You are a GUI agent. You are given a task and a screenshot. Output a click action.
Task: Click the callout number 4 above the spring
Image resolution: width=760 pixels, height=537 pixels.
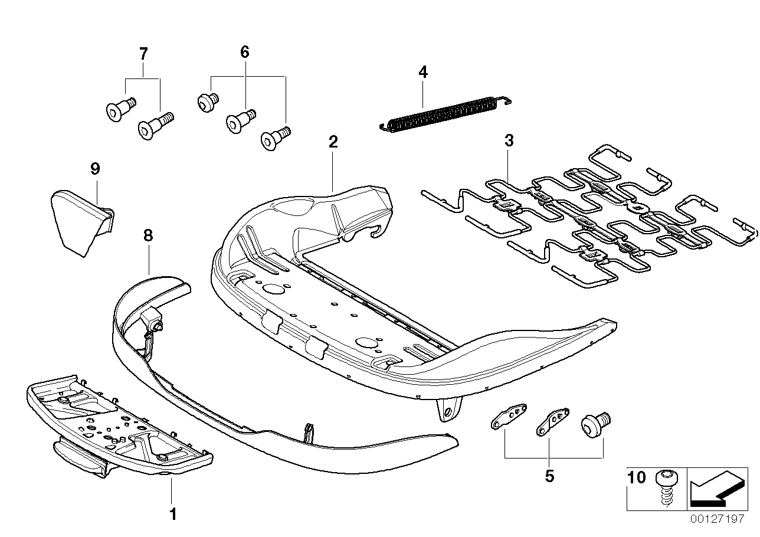coord(422,73)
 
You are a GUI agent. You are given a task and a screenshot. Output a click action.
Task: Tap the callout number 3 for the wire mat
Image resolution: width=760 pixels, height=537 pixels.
coord(509,141)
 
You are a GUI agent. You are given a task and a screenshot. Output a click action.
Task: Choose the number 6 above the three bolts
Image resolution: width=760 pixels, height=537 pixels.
coord(245,52)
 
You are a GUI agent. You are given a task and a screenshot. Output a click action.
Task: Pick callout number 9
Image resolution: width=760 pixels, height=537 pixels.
coord(95,169)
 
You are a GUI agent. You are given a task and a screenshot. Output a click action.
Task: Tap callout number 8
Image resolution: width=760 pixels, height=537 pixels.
coord(148,236)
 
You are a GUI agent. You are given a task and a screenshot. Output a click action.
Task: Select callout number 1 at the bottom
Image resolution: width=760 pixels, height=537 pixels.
coord(172,514)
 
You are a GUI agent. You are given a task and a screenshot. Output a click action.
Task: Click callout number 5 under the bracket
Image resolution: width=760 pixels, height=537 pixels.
coord(549,476)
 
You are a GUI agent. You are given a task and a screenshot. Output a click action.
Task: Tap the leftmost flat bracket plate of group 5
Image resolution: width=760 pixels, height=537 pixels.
coord(507,417)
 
